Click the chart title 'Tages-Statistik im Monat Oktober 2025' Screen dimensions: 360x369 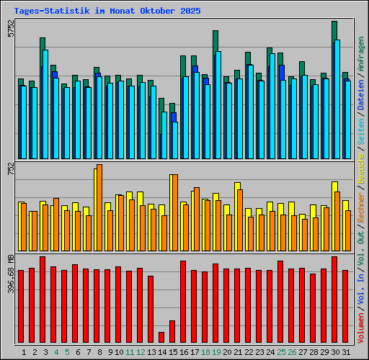[108, 12]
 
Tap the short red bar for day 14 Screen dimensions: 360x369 [161, 337]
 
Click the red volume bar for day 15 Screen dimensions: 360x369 [172, 331]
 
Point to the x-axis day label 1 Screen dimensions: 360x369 [24, 352]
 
